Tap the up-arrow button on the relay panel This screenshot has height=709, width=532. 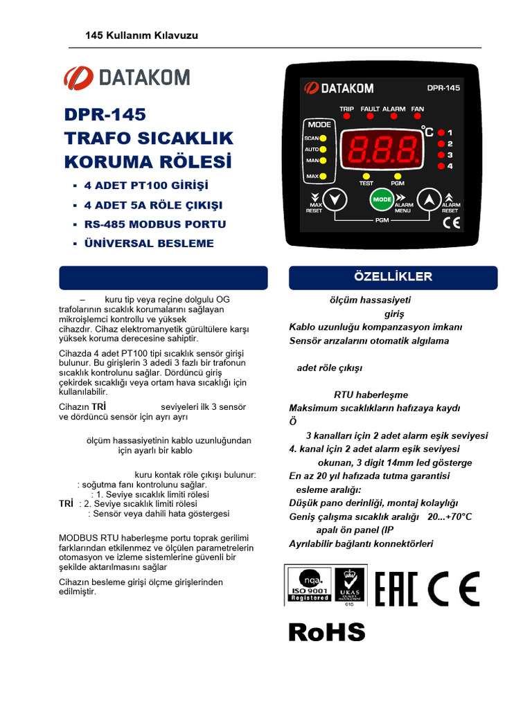point(430,199)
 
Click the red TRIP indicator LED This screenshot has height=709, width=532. point(347,117)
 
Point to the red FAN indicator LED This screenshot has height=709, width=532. point(418,117)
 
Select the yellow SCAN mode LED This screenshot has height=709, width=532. point(323,138)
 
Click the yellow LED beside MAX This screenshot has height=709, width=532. point(323,177)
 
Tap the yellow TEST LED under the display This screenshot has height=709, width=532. point(366,176)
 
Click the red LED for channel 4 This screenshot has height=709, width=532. point(441,166)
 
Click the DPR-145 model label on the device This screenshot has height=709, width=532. point(444,88)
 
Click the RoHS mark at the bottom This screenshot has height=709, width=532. point(327,631)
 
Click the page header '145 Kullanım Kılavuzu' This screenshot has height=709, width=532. point(141,35)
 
